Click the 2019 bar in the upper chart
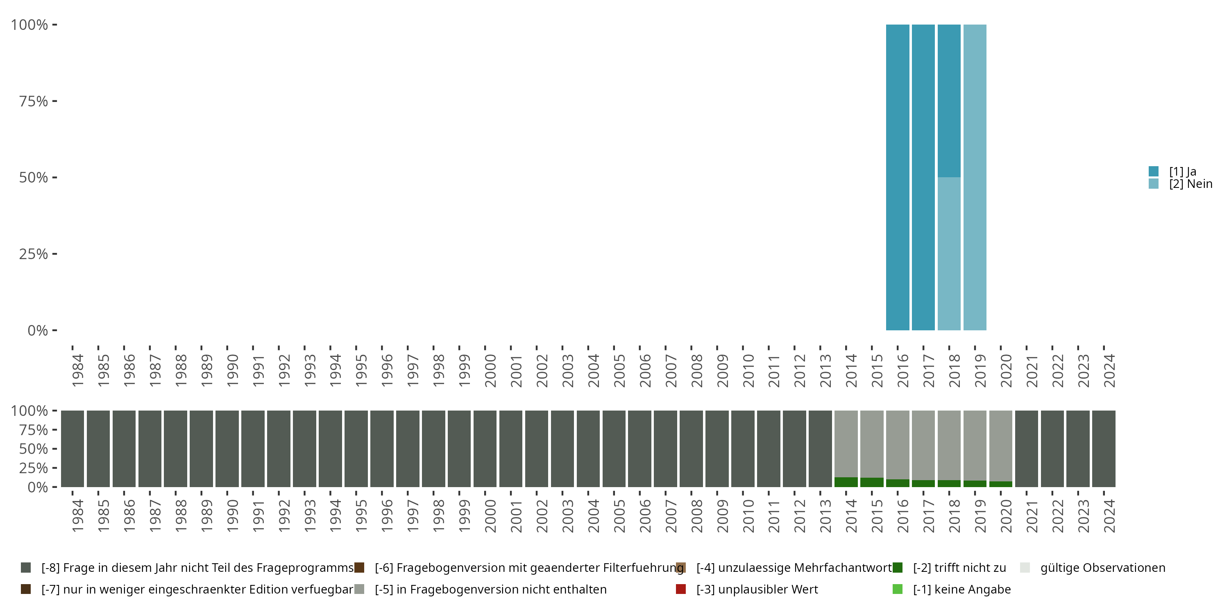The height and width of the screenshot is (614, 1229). pyautogui.click(x=975, y=177)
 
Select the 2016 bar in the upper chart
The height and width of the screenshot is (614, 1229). pyautogui.click(x=898, y=177)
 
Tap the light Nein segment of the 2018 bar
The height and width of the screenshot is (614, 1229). pyautogui.click(x=949, y=254)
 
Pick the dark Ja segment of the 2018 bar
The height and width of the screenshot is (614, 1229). pyautogui.click(x=949, y=101)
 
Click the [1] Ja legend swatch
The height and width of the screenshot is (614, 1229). pyautogui.click(x=1154, y=171)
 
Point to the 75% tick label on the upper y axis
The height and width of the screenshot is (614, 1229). pyautogui.click(x=34, y=101)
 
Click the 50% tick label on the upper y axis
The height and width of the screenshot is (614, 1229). pyautogui.click(x=34, y=178)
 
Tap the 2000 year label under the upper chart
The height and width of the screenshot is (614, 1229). pyautogui.click(x=490, y=371)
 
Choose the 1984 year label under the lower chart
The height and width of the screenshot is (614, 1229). pyautogui.click(x=77, y=516)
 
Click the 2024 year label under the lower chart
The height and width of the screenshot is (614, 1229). pyautogui.click(x=1109, y=516)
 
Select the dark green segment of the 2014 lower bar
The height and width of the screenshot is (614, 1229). pyautogui.click(x=846, y=482)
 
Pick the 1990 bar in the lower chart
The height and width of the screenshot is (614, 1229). pyautogui.click(x=227, y=449)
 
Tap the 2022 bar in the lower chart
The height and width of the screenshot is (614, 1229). pyautogui.click(x=1052, y=449)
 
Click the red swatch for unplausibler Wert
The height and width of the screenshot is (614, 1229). pyautogui.click(x=681, y=589)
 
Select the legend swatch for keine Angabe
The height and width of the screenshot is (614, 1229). pyautogui.click(x=898, y=589)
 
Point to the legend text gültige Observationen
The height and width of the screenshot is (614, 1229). pyautogui.click(x=1102, y=568)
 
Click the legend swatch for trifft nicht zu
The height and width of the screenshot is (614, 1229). pyautogui.click(x=898, y=568)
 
